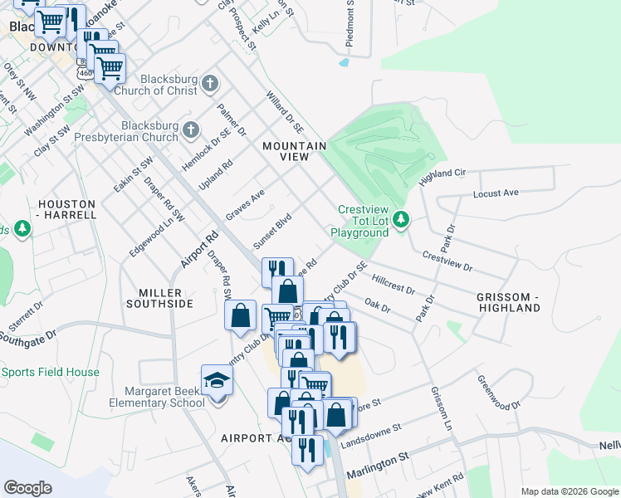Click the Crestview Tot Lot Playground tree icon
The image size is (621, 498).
coord(402,219)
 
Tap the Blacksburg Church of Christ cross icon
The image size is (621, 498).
coord(210,84)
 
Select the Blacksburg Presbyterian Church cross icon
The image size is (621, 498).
coord(192,129)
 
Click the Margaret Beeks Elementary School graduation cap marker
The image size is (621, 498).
coord(217,381)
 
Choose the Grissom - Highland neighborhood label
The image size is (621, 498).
coord(508,302)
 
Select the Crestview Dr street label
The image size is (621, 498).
coord(447,262)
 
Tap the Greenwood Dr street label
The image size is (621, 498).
coord(497,391)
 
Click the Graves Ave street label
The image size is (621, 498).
coord(245,204)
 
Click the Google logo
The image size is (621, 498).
coord(28,487)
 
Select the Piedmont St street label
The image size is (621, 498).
coord(348,33)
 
